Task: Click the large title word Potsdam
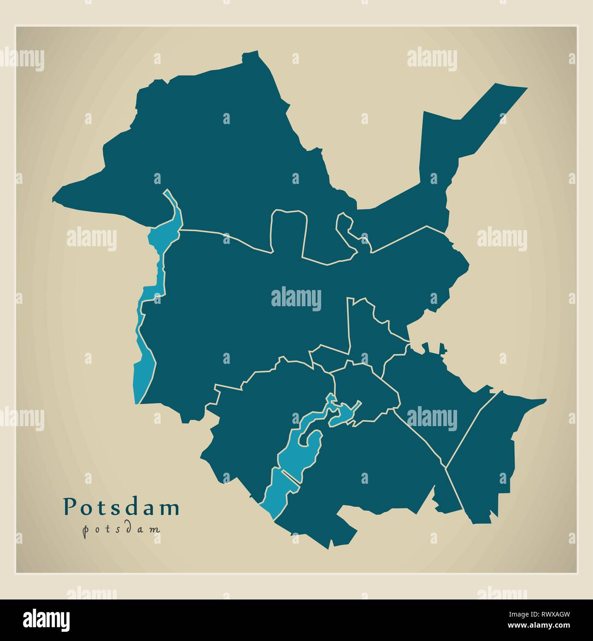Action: coord(121,507)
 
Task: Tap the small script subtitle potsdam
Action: coord(121,529)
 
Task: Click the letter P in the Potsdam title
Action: coord(69,506)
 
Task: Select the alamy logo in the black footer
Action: coord(47,619)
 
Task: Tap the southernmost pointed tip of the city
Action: coord(328,548)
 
